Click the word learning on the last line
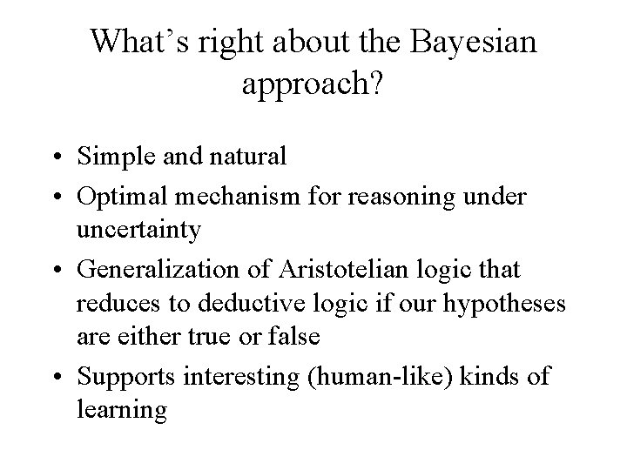121,409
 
